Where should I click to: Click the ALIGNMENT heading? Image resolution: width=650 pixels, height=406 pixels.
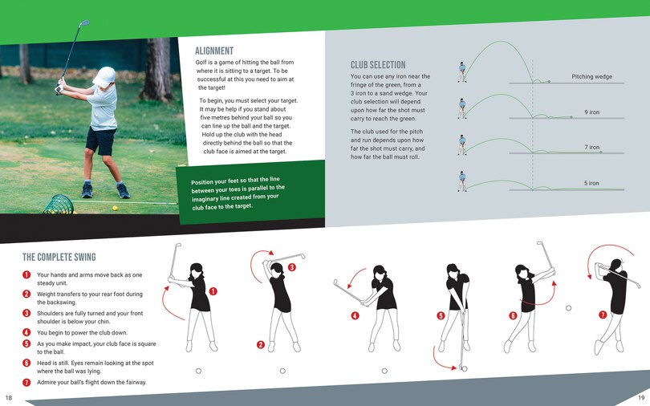pos(214,51)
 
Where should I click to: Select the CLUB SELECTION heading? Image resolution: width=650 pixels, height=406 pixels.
pos(378,65)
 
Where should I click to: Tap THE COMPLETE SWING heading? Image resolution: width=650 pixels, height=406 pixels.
pos(59,258)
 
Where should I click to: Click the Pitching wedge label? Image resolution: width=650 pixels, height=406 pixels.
pos(591,77)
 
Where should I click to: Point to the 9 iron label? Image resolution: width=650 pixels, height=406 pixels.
pos(591,112)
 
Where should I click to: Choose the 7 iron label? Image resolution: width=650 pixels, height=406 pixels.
pos(591,148)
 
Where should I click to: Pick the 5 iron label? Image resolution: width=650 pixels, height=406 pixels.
pos(591,183)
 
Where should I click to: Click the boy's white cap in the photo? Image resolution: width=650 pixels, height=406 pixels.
pos(104,77)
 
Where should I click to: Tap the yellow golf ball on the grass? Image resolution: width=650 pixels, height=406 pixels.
pos(115,208)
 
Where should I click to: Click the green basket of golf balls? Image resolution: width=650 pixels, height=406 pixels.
pos(58,205)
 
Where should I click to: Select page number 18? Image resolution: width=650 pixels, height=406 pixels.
pos(9,398)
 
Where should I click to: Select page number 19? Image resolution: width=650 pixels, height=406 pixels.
pos(641,398)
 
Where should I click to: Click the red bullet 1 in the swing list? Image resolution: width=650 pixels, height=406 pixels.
pos(27,275)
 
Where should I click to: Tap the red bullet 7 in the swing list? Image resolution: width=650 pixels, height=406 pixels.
pos(27,382)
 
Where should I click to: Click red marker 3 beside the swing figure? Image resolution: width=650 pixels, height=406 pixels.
pos(291,267)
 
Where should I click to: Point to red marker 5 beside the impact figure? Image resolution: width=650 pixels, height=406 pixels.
pos(441,315)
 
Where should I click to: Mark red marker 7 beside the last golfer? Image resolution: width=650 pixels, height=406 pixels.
pos(603,315)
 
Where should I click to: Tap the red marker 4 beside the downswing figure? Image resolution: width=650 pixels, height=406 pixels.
pos(355,315)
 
